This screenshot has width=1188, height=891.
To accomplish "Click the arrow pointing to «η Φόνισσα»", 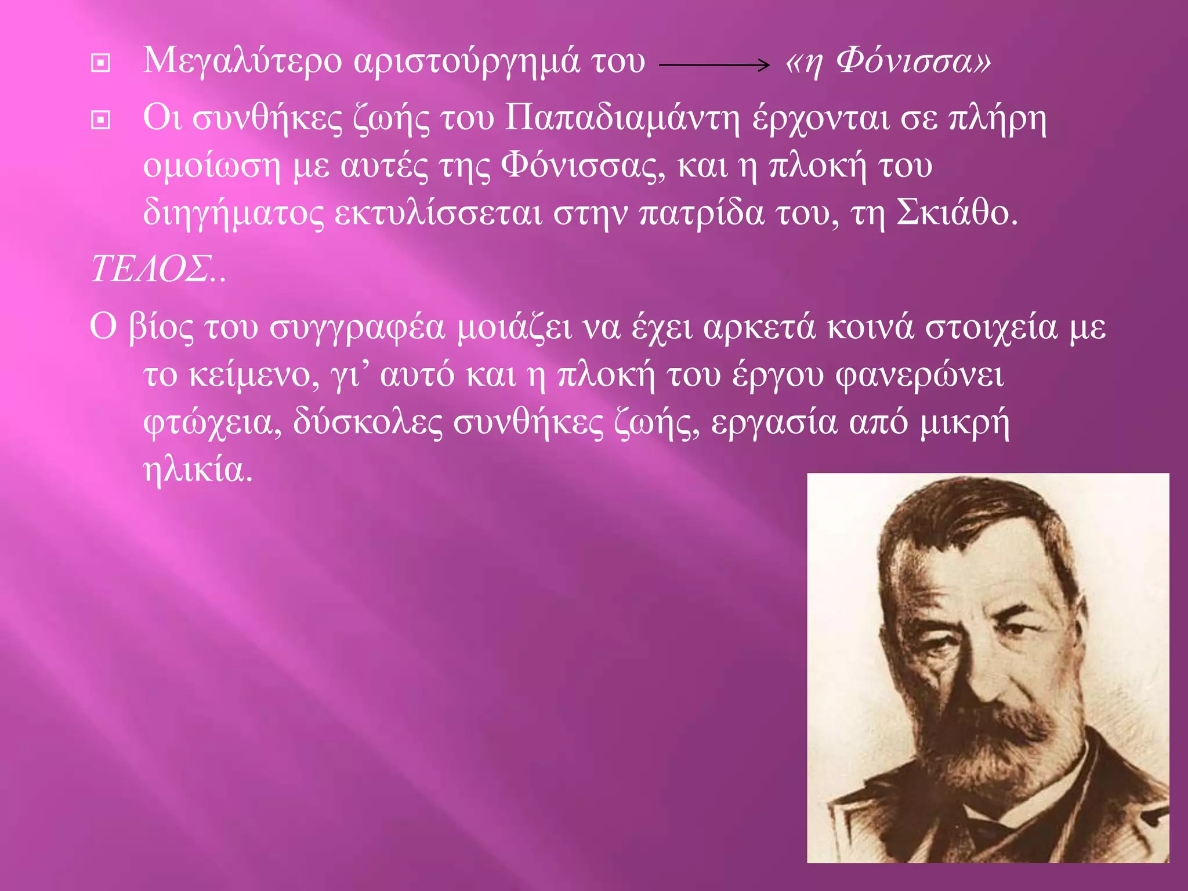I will pos(714,65).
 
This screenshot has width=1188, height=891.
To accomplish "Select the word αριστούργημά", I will pos(467,61).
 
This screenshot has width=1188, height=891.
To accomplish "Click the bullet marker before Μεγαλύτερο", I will pos(101,63).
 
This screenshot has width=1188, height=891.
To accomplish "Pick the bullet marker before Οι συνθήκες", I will pos(101,120).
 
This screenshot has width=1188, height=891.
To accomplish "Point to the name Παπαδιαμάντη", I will pos(622,119).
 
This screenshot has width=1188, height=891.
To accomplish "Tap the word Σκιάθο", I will pos(957,213).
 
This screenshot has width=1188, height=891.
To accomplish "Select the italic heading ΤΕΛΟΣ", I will pos(151,270).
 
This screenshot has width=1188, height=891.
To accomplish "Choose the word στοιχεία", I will pos(991,328).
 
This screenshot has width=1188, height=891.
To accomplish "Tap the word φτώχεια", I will pos(212,422).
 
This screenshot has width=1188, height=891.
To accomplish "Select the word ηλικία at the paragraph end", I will pos(197,470).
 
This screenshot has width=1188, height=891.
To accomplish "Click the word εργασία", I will pos(774,422).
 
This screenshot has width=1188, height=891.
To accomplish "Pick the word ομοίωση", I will pos(212,166).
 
